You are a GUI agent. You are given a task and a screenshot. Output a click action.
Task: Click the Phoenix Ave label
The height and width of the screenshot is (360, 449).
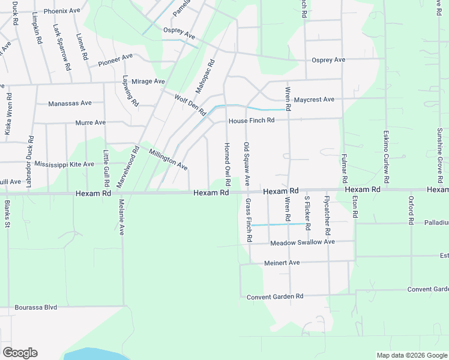[x=67, y=11]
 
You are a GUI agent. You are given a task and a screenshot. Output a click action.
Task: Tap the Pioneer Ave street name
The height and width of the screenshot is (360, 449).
[x=115, y=59]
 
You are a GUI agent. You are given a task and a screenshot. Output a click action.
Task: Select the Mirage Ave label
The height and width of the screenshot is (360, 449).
[x=148, y=81]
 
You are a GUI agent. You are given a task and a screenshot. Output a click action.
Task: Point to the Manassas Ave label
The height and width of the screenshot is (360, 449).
[x=71, y=103]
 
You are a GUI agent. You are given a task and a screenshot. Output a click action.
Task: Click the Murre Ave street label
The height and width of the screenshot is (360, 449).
[x=91, y=122]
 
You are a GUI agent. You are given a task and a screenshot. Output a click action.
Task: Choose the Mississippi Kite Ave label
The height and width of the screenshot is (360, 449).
[x=64, y=164]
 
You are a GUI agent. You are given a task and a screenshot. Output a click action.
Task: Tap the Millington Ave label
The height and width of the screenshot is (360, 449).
[x=169, y=159]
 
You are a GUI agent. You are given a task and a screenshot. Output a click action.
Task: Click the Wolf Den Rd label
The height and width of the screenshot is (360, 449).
[x=190, y=104]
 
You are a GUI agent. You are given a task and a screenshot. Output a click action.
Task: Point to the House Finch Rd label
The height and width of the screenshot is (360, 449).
[x=251, y=120]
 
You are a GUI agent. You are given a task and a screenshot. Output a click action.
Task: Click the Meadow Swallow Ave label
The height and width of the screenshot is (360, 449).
[x=302, y=242]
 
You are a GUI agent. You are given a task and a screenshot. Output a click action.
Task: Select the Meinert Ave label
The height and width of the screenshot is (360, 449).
[x=282, y=263]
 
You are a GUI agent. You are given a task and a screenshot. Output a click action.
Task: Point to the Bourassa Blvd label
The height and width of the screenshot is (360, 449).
[x=36, y=307]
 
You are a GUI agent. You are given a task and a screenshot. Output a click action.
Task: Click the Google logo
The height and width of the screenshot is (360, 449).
[x=20, y=353]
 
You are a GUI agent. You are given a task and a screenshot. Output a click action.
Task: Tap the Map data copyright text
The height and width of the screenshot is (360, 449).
[x=411, y=355]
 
